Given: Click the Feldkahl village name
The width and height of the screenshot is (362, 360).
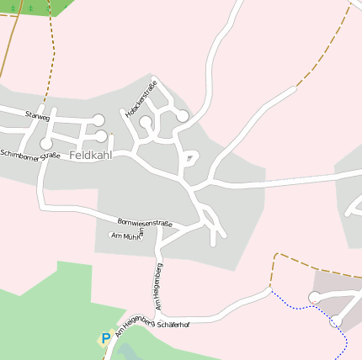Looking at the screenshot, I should pos(90,156).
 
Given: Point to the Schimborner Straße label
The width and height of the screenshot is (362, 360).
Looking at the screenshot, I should pos(30,156).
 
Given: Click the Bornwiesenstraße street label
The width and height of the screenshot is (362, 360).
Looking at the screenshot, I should pos(145,221).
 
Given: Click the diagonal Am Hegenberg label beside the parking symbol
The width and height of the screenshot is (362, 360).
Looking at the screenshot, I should pos(134,326).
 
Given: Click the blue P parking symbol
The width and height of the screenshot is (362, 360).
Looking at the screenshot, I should pos(105,339).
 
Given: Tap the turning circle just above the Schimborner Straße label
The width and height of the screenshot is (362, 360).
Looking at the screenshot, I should pos(45,144).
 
